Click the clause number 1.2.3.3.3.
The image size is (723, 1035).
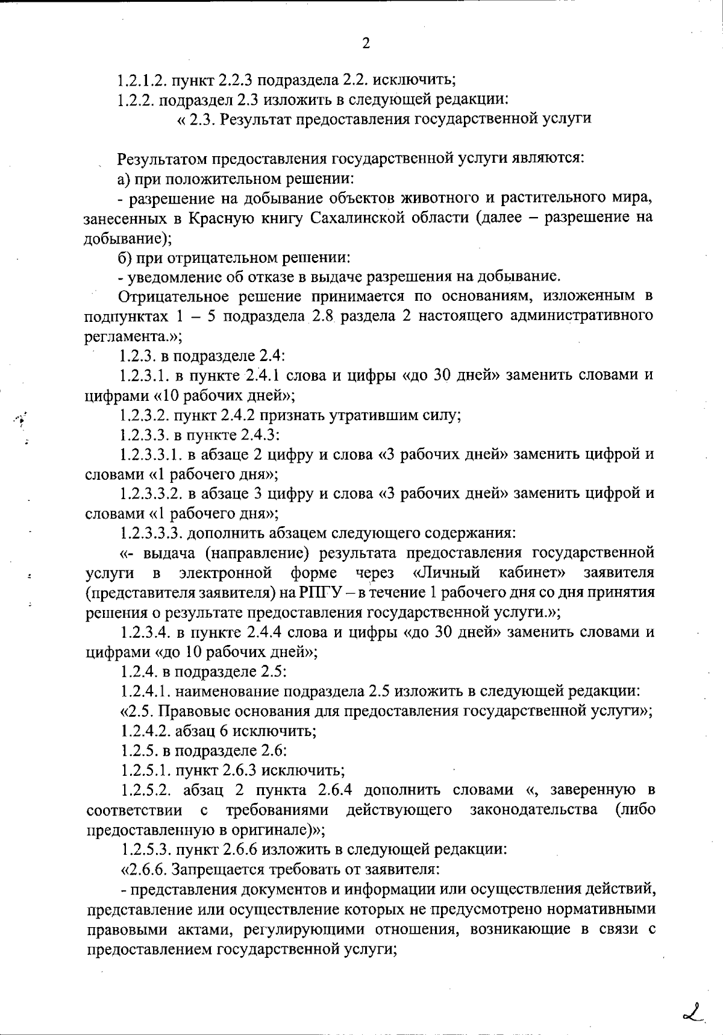pos(149,533)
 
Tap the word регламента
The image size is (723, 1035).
pos(125,336)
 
